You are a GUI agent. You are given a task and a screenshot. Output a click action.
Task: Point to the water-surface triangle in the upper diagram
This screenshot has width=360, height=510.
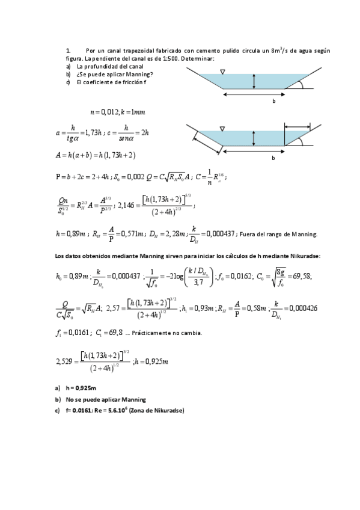(x=222, y=72)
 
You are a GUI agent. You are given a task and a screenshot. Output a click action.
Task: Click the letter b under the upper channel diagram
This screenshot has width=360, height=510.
(x=273, y=101)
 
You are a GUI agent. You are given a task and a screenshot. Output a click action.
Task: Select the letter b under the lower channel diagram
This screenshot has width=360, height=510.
(x=273, y=158)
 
